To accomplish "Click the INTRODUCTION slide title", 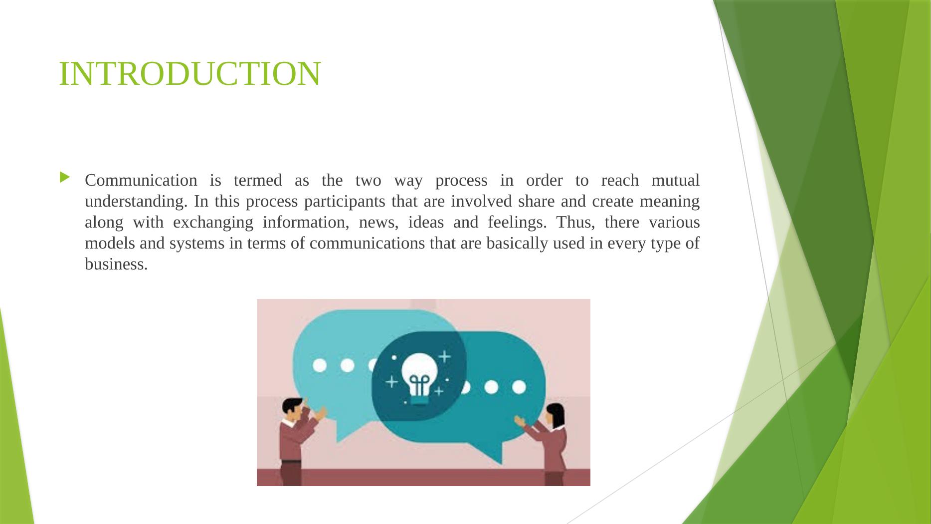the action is pos(189,74).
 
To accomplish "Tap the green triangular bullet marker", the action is pos(65,178).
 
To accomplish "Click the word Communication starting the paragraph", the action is pos(141,180).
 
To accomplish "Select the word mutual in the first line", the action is pos(675,180).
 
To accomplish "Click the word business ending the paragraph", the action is pos(116,264).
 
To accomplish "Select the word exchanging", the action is pos(213,223).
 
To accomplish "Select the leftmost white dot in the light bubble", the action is pos(320,366).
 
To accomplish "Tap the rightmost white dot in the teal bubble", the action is pos(519,387).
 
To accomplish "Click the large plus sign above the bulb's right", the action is pos(444,356).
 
